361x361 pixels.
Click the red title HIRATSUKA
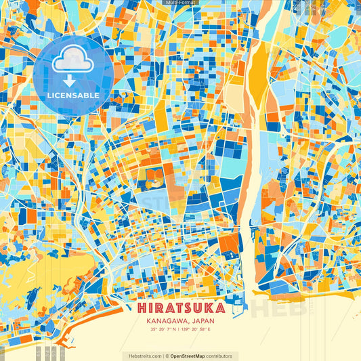[180, 307]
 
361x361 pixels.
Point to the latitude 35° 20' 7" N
[165, 330]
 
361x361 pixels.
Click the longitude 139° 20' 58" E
[196, 330]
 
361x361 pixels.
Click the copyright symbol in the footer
[167, 356]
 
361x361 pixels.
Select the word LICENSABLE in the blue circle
[73, 95]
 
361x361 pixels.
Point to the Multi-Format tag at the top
[180, 3]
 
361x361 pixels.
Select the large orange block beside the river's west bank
[230, 243]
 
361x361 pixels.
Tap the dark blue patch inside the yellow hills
[30, 294]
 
